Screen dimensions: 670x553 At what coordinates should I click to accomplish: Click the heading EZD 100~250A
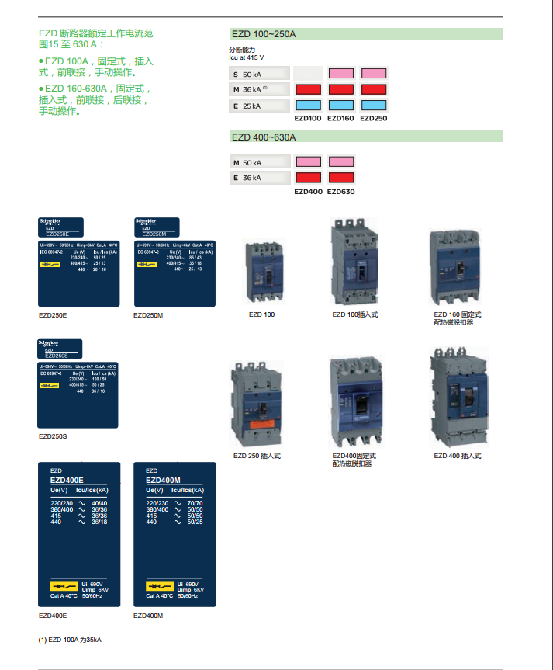264,34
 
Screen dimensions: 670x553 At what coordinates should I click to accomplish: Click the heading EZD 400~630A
264,137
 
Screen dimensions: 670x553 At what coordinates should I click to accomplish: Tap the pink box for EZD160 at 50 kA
340,74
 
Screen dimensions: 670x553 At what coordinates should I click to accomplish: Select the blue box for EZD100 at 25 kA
308,106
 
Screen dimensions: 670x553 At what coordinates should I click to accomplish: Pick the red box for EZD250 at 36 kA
374,89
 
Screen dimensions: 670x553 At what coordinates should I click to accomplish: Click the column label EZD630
340,191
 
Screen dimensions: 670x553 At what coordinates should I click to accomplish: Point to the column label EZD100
308,119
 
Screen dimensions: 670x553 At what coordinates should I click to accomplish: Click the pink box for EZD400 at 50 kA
308,162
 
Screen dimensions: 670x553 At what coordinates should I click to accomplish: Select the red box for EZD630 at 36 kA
340,178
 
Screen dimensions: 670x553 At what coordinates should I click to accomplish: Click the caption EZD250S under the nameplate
53,436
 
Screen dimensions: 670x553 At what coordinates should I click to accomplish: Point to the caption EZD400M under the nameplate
148,616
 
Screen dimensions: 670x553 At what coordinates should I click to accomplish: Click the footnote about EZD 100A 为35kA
70,640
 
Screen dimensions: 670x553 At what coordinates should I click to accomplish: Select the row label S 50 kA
247,75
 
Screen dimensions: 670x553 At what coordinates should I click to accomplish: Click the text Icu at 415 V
246,57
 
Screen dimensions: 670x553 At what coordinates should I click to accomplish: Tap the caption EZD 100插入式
354,314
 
